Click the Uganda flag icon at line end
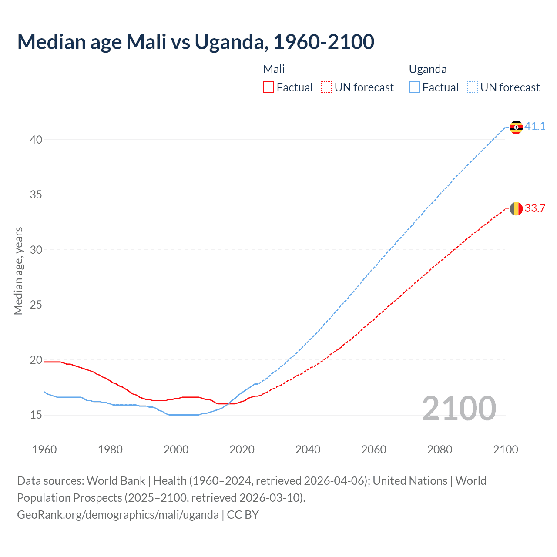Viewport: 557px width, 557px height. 516,127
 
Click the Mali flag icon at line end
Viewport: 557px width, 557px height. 516,209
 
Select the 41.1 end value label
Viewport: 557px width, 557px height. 535,127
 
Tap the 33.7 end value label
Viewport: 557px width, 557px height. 535,208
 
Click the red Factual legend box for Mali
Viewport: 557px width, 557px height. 268,87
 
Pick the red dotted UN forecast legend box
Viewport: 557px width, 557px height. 326,87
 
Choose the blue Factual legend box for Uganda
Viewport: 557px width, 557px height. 415,87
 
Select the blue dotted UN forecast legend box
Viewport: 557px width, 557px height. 473,87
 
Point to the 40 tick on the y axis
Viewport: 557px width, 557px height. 36,140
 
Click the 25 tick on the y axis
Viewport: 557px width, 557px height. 36,305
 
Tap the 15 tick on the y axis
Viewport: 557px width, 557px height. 36,415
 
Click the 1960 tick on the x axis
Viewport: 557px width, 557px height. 44,450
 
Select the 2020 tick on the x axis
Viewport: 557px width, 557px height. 242,450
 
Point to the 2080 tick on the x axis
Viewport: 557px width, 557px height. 440,450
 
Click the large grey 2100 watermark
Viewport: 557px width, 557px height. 459,409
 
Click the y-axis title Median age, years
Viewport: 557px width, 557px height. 18,271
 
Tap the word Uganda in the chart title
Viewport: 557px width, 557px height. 229,42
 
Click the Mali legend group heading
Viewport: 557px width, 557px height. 274,69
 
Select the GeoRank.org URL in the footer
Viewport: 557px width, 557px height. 118,515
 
